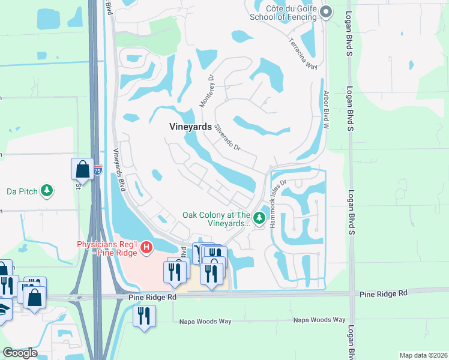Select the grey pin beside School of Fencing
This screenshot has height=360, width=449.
pos(327,12)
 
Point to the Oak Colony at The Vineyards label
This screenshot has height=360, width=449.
pos(217,219)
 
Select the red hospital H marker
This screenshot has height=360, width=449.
pos(145,247)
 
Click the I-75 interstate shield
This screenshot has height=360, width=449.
pos(98,170)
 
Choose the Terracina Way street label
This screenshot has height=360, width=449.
pos(303,55)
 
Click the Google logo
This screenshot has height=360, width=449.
pos(20,353)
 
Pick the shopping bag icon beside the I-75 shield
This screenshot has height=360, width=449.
pos(82,169)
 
